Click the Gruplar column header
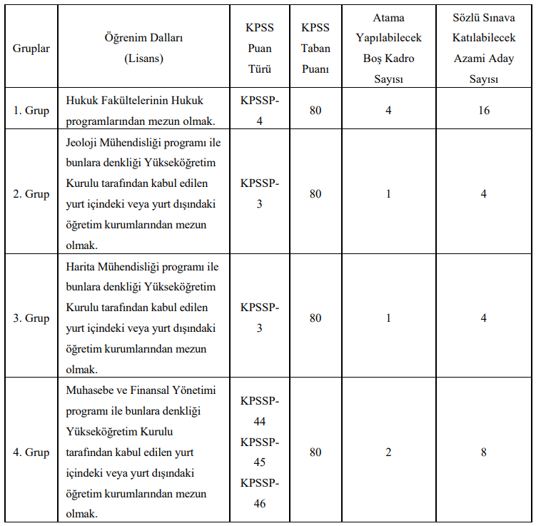point(31,49)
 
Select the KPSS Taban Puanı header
point(315,49)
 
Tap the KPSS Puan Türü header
point(260,49)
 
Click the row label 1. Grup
point(31,111)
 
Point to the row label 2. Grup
point(31,194)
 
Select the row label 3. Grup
point(31,318)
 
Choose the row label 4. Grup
point(31,452)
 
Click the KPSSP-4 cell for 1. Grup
point(260,111)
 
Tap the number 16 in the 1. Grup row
point(483,111)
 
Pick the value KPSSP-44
point(260,411)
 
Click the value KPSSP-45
point(260,452)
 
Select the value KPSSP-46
point(260,493)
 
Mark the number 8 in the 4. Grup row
point(483,452)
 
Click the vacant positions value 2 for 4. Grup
point(388,452)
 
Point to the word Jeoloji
point(83,142)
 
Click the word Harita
point(81,267)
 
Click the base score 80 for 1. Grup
point(315,111)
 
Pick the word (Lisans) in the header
point(143,59)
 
